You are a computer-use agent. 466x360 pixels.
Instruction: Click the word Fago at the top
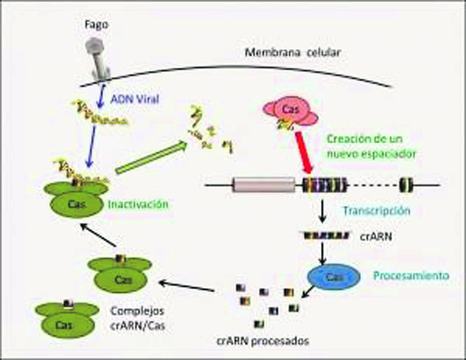(x=96, y=25)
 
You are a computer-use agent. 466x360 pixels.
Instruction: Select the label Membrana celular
(x=292, y=52)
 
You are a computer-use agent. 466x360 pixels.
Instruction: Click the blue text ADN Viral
(x=135, y=99)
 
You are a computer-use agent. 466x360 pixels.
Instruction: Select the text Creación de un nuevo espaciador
(x=371, y=147)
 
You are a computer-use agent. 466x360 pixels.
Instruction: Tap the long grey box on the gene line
(x=264, y=185)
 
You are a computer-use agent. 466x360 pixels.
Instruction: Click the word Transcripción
(x=377, y=211)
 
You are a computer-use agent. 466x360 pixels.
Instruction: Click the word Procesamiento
(x=411, y=276)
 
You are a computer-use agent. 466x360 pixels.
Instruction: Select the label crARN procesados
(x=263, y=341)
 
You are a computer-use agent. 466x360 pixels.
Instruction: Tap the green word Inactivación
(x=138, y=204)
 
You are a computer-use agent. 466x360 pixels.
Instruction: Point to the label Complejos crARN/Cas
(x=138, y=319)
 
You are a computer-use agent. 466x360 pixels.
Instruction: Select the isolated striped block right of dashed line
(x=406, y=185)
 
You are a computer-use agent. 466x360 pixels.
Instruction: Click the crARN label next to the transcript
(x=376, y=237)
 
